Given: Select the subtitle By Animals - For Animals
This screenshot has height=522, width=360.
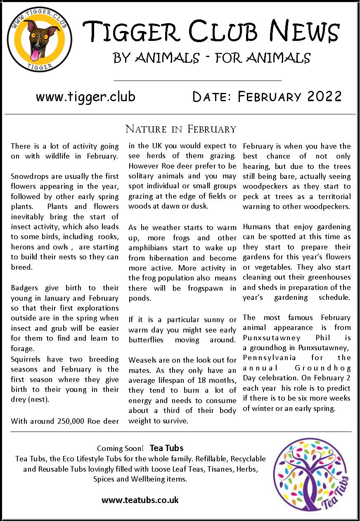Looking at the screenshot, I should (x=211, y=58).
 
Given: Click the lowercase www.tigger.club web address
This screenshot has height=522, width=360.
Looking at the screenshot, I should (x=85, y=97).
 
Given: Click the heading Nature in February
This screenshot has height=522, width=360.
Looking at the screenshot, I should (x=180, y=129).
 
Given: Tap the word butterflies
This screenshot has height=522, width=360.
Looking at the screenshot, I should (x=146, y=340).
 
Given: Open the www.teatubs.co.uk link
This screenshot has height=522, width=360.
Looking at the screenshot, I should (x=140, y=500).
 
